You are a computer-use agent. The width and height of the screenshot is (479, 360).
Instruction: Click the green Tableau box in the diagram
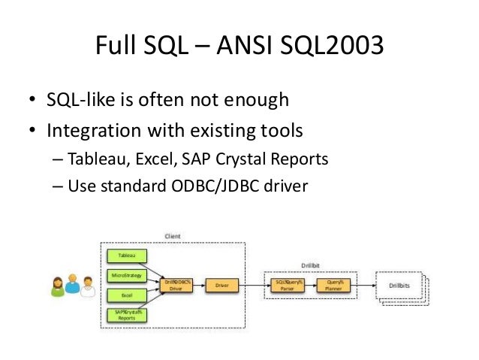pyautogui.click(x=123, y=255)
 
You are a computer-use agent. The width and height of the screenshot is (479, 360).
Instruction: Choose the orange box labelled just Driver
pyautogui.click(x=221, y=285)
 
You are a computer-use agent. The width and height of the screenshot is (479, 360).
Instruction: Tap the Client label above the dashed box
pyautogui.click(x=173, y=237)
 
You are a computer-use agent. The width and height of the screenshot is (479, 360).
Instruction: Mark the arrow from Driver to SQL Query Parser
pyautogui.click(x=251, y=285)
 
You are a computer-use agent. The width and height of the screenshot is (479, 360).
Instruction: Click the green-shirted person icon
pyautogui.click(x=58, y=286)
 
